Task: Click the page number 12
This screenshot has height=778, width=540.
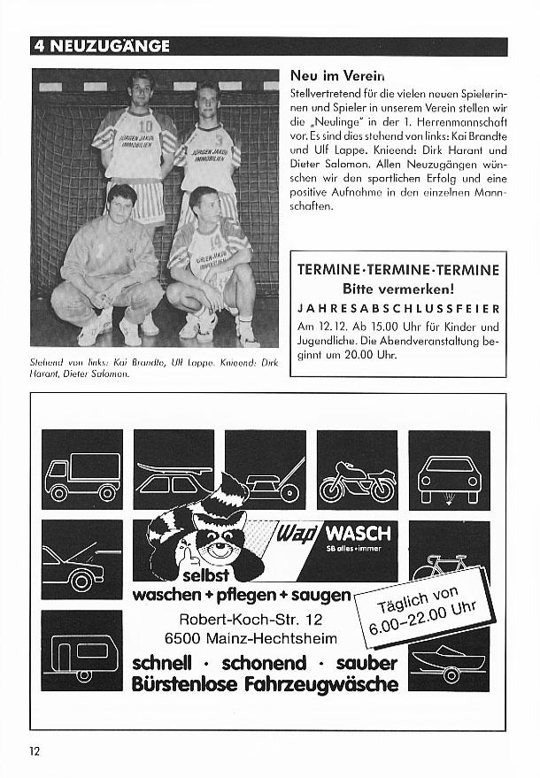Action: pyautogui.click(x=35, y=751)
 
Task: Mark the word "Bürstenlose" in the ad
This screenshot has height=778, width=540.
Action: pyautogui.click(x=186, y=685)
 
